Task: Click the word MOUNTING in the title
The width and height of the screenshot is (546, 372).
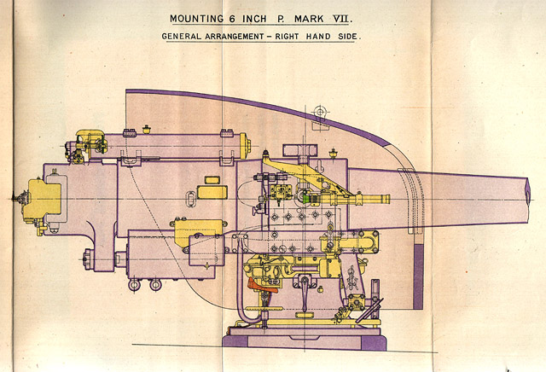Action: tap(196, 19)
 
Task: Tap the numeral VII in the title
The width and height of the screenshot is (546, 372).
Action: tap(342, 19)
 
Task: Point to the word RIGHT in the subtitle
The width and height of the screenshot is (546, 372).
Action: tap(287, 36)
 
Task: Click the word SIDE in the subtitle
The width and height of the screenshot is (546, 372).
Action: tap(349, 36)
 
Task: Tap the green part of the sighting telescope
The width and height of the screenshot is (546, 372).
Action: tap(306, 199)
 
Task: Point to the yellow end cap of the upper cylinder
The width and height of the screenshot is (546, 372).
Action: tap(245, 146)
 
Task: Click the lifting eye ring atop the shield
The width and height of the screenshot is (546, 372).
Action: tap(320, 112)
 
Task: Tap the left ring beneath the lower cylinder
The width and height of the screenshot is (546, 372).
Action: tap(134, 285)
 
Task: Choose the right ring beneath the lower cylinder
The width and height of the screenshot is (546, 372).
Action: tap(155, 285)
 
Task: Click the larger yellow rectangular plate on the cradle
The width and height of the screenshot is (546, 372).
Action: tap(212, 192)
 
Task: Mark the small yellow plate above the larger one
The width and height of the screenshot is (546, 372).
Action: tap(212, 180)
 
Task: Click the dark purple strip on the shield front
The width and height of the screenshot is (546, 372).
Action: tap(418, 276)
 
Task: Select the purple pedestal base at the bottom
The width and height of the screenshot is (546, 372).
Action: tap(305, 339)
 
